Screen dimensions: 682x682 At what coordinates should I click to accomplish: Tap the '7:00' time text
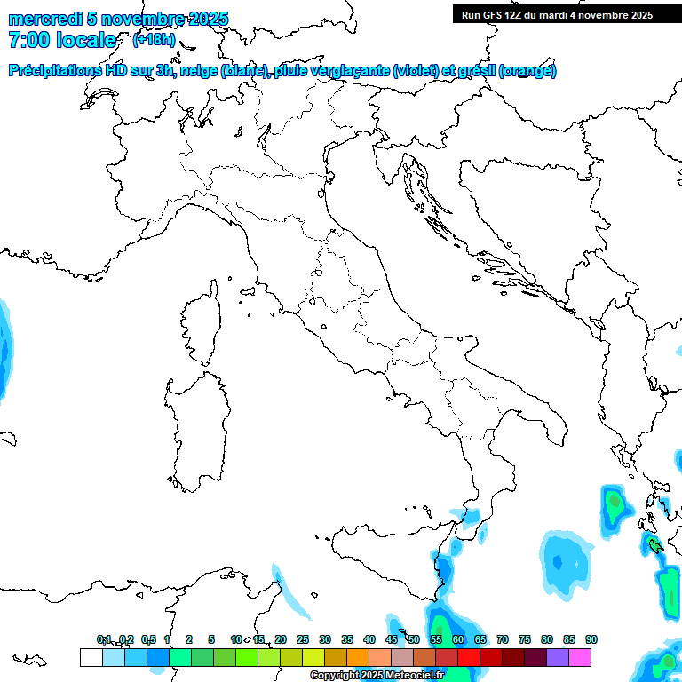point(27,41)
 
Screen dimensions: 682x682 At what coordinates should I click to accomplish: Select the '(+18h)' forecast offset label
point(154,40)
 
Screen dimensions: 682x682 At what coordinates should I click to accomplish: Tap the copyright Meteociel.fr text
point(377,676)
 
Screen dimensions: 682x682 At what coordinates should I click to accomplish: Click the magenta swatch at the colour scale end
point(580,657)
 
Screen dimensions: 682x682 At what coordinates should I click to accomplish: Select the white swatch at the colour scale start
point(91,657)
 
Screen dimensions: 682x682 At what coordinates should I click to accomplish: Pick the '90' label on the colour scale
point(591,639)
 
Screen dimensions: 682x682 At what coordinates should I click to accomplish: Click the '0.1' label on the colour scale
point(105,639)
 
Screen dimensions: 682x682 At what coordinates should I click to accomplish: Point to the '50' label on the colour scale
point(414,639)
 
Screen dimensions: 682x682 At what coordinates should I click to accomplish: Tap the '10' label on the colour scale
point(235,639)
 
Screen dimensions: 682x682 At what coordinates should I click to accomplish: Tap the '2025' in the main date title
point(208,19)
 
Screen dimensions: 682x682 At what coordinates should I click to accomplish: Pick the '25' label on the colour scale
point(303,639)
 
